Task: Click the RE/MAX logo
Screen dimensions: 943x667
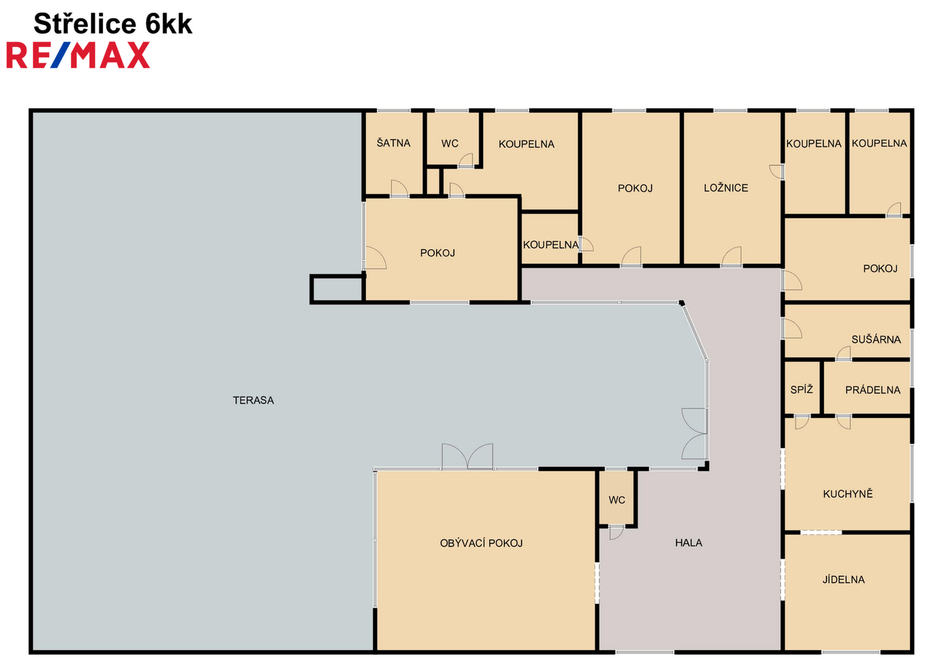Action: point(78,55)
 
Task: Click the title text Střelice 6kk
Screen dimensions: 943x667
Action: point(113,23)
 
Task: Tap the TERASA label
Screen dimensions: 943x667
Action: point(253,400)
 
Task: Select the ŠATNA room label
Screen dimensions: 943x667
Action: point(393,143)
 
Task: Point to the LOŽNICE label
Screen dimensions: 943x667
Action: point(726,188)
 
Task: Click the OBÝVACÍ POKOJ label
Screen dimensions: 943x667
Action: point(482,543)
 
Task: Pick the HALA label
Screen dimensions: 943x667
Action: point(689,543)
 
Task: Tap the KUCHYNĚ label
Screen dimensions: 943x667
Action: point(848,493)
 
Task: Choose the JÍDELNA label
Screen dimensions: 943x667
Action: point(844,579)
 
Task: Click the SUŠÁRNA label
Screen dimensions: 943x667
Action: point(876,339)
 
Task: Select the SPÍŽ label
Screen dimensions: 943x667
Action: point(802,390)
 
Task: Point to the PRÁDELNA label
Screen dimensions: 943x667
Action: point(873,390)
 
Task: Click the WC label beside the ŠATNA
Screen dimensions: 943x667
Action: point(450,143)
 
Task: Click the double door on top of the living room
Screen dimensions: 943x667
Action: point(467,456)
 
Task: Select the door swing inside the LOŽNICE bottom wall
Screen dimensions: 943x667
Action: point(732,256)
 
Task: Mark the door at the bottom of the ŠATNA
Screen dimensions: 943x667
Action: point(400,188)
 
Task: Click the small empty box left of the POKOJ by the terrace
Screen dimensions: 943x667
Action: point(337,289)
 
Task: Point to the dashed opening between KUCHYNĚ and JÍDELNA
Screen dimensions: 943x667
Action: point(821,532)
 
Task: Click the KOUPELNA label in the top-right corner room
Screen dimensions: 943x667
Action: point(879,143)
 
